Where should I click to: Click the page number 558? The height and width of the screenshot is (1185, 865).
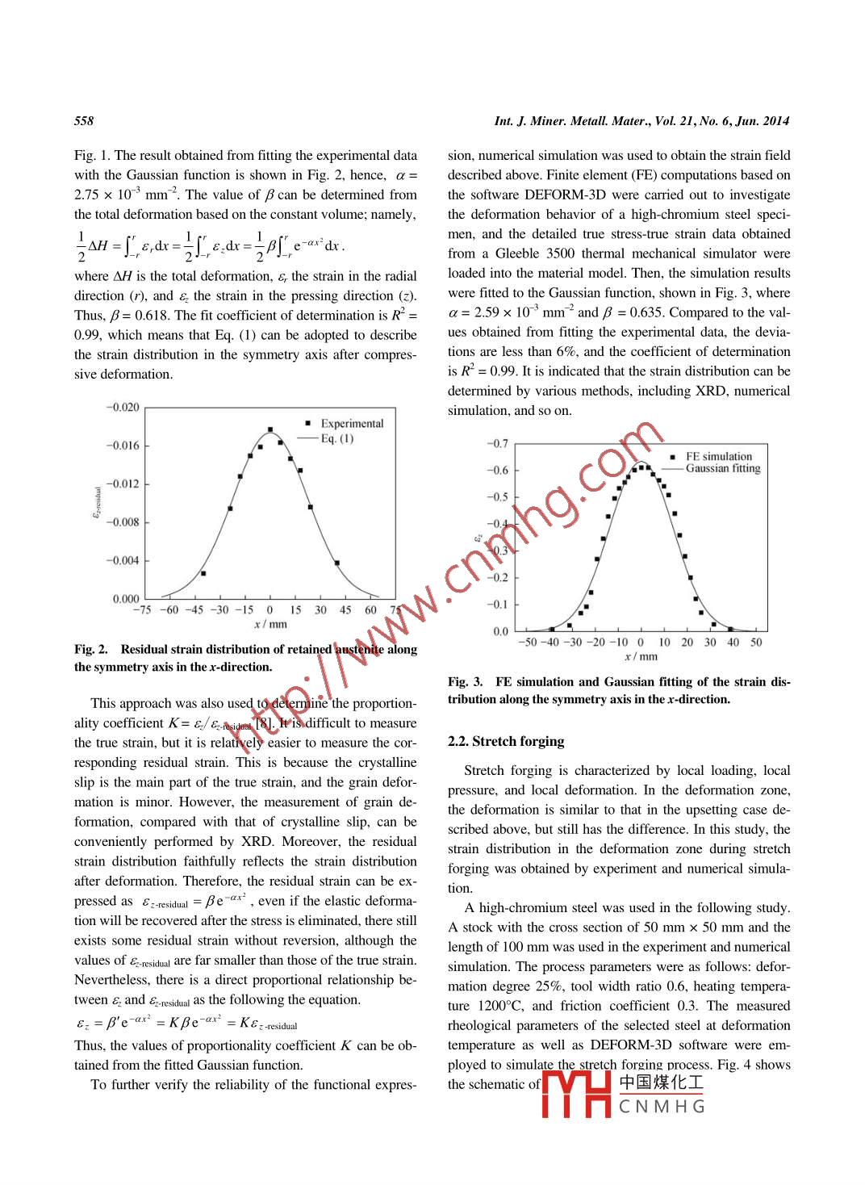click(x=84, y=121)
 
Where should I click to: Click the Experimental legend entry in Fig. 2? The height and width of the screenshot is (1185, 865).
click(x=352, y=423)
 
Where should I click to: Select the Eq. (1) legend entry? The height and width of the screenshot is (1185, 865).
click(x=336, y=438)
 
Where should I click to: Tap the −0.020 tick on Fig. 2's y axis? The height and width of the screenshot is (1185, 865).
click(x=123, y=407)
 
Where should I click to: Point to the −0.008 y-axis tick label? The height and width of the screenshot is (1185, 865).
click(x=123, y=522)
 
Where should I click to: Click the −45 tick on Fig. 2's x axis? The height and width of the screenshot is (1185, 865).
click(x=194, y=610)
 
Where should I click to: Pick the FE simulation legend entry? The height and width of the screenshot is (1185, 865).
click(x=718, y=456)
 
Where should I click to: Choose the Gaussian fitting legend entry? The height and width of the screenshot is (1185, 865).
click(x=723, y=468)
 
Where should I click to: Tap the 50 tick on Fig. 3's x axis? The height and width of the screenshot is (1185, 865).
click(x=756, y=643)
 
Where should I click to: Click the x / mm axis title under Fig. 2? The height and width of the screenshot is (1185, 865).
click(x=270, y=624)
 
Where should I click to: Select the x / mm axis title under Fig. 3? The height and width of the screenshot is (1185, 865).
click(x=641, y=656)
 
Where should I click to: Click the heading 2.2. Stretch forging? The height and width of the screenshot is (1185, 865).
click(x=506, y=741)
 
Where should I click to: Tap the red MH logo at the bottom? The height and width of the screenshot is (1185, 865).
click(x=576, y=1094)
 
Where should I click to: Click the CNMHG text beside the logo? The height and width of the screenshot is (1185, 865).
click(x=662, y=1107)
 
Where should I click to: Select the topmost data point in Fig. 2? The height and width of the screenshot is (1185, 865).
click(x=270, y=429)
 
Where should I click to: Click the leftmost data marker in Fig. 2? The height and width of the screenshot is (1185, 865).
click(x=203, y=573)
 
